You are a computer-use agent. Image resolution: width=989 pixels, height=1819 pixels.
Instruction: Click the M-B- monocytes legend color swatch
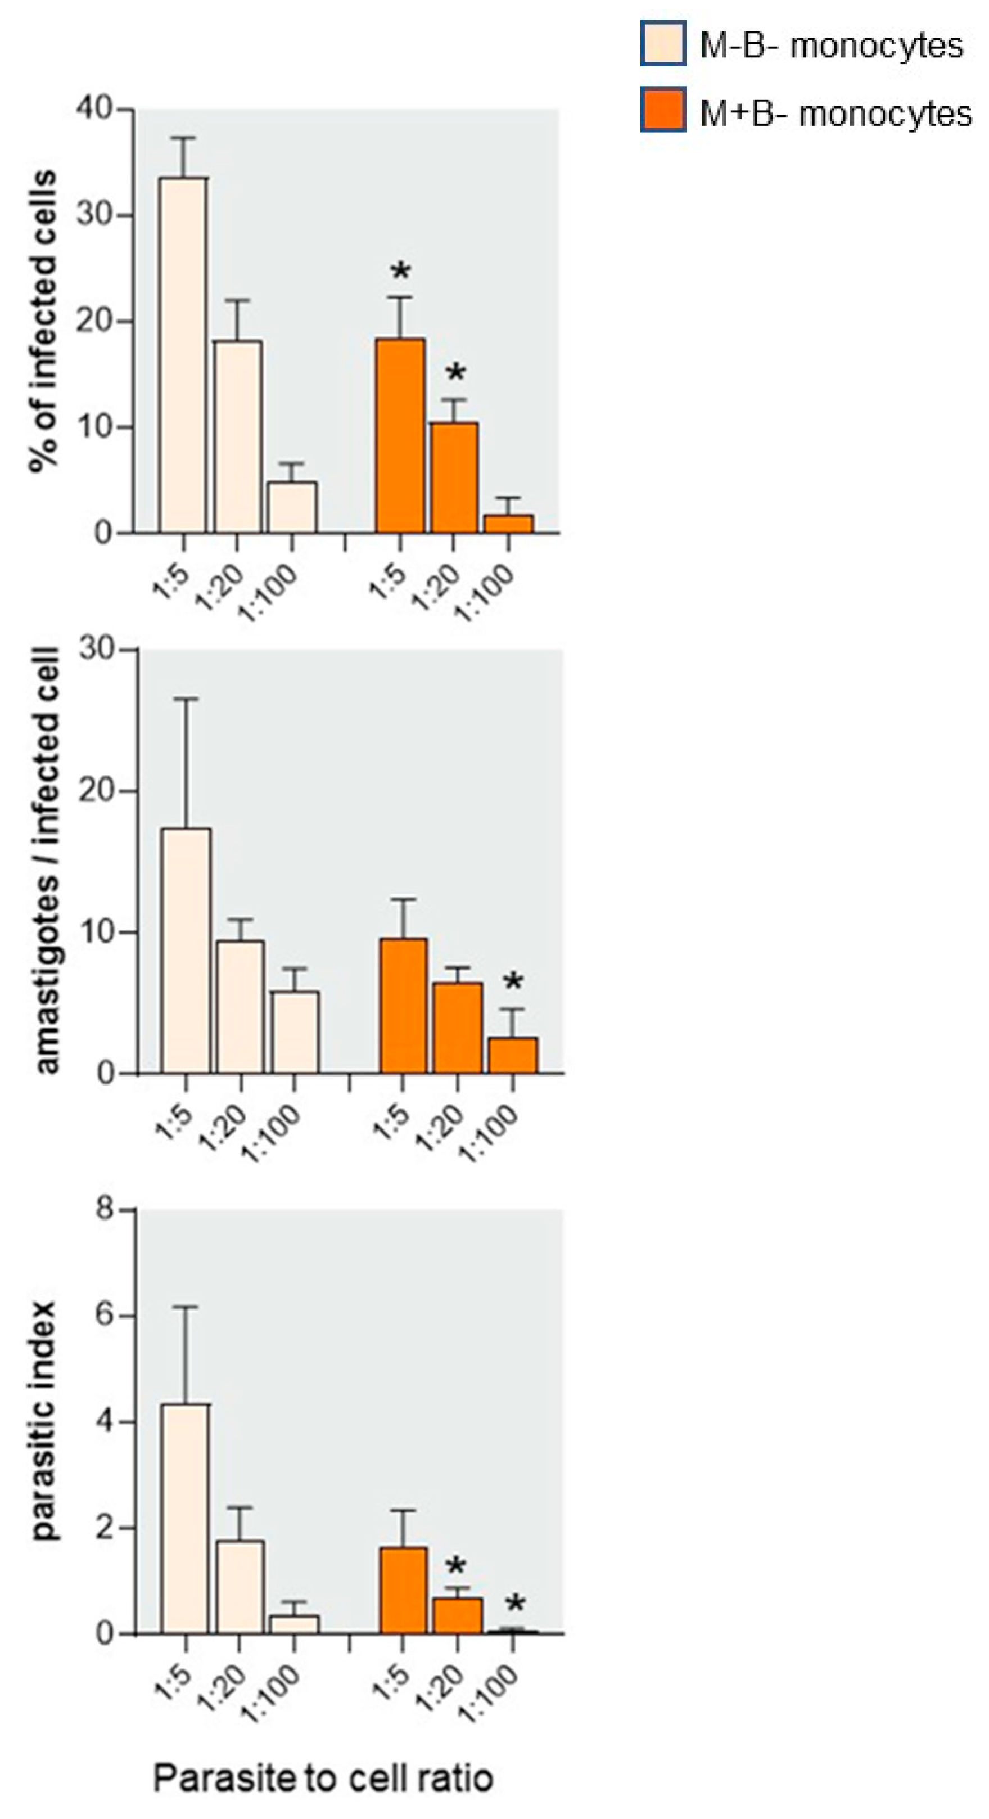coord(663,44)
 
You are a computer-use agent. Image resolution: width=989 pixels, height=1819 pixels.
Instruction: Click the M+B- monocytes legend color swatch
coord(663,110)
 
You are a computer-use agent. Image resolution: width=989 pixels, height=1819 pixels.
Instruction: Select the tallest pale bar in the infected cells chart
coord(183,354)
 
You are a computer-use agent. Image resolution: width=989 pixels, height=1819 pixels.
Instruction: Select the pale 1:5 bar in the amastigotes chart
coord(186,951)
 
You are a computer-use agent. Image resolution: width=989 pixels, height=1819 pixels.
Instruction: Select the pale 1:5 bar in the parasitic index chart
coord(185,1518)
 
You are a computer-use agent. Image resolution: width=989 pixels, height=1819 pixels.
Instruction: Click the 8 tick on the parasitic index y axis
coord(105,1209)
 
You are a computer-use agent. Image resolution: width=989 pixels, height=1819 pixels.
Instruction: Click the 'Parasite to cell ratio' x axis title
coord(323,1777)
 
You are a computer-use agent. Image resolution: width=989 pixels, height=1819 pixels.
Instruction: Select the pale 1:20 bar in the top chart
coord(238,436)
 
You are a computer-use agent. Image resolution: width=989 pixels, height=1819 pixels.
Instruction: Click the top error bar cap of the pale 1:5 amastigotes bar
coord(186,699)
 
